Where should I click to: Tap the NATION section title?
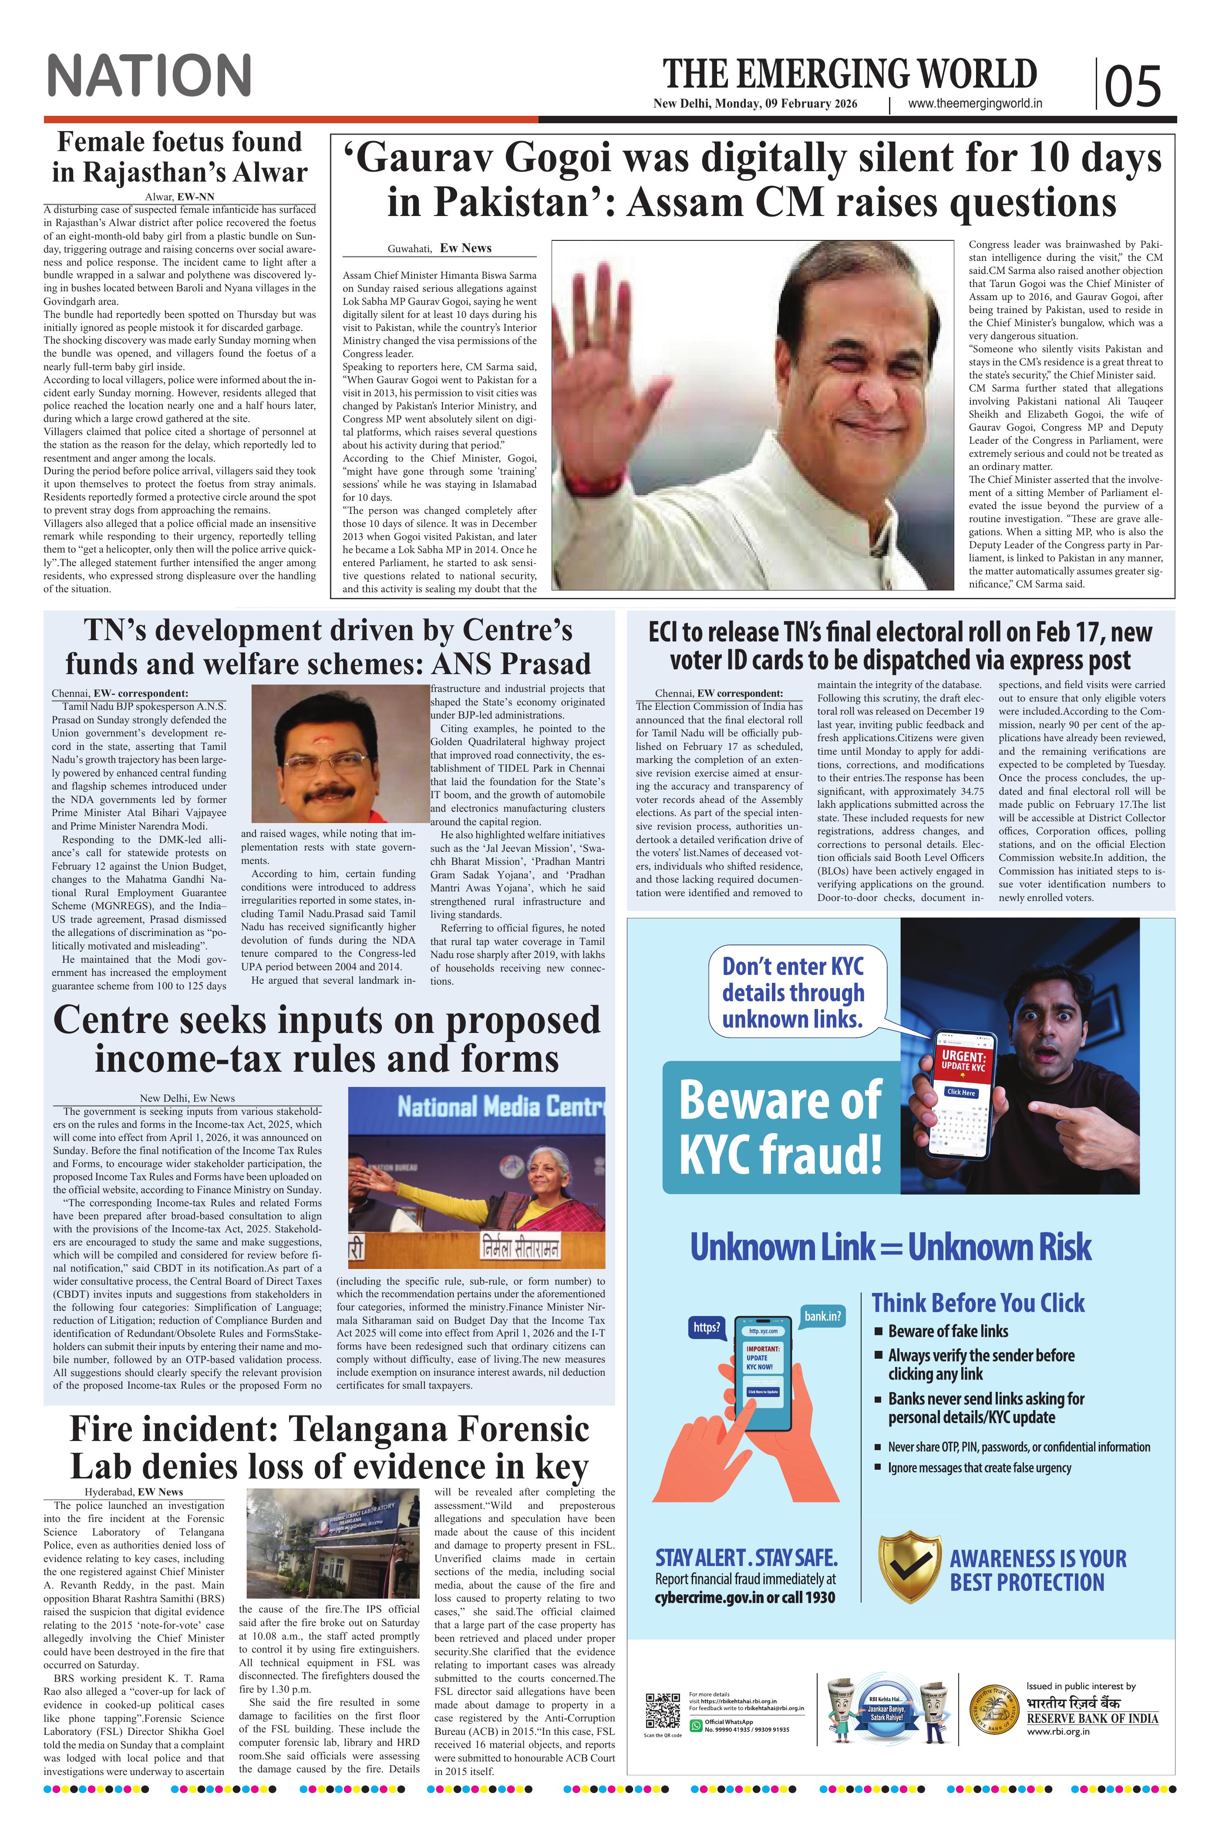(149, 75)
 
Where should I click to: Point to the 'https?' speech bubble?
(706, 1327)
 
